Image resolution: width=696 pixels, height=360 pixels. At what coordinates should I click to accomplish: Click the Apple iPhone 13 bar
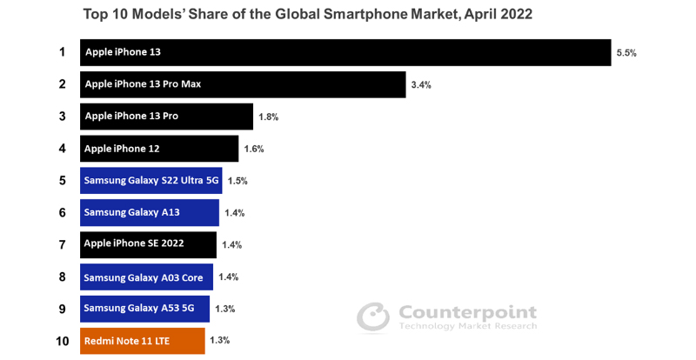point(345,52)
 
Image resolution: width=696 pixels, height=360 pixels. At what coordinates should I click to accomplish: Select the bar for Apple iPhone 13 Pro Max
point(243,84)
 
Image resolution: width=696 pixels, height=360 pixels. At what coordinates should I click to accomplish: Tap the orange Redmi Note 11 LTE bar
point(143,341)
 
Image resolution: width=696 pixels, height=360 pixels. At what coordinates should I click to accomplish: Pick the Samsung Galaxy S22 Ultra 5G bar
point(151,181)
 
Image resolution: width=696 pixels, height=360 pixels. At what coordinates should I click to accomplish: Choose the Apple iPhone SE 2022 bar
point(148,244)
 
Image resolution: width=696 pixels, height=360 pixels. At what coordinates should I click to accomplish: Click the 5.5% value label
point(626,53)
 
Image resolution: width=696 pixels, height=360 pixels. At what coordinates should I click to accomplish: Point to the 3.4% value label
point(421,85)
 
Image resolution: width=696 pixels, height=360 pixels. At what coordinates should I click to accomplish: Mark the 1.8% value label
point(268,117)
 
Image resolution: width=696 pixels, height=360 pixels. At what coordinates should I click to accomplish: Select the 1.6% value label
point(253,149)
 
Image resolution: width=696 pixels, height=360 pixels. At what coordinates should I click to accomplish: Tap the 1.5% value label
point(238,181)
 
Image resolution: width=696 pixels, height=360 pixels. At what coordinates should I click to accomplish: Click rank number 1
point(62,52)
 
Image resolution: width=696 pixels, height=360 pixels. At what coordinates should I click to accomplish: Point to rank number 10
point(62,341)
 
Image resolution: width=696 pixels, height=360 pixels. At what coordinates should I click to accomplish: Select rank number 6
point(62,212)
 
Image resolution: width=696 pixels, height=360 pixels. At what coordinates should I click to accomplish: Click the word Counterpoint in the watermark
point(467,312)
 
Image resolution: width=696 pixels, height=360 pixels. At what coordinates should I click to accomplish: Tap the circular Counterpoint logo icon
point(373,317)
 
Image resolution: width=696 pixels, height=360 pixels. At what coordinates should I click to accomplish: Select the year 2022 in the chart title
point(514,15)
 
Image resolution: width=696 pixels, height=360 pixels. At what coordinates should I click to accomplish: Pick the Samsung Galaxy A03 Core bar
point(146,277)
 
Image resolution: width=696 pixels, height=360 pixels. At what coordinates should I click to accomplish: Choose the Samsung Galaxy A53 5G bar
point(144,309)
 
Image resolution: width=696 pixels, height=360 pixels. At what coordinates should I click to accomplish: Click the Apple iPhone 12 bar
point(159,149)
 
